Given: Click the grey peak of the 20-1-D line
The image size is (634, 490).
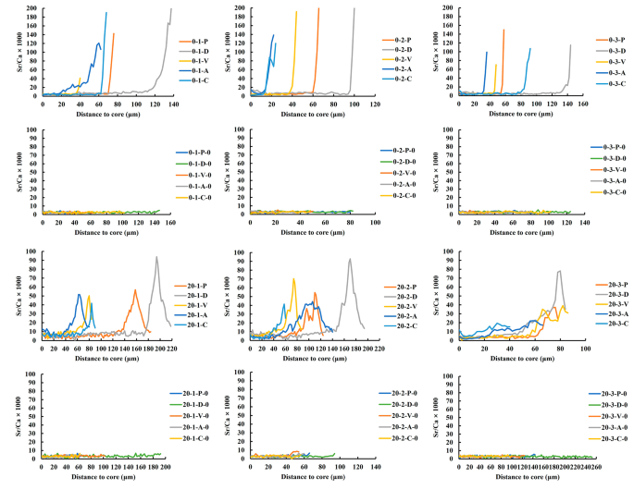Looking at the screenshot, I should tap(156, 257).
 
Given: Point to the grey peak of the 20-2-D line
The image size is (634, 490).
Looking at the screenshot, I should tap(349, 259).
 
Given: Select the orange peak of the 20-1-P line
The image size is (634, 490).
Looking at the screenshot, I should tap(135, 290).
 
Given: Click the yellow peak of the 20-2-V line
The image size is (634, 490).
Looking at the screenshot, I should tap(293, 279).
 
